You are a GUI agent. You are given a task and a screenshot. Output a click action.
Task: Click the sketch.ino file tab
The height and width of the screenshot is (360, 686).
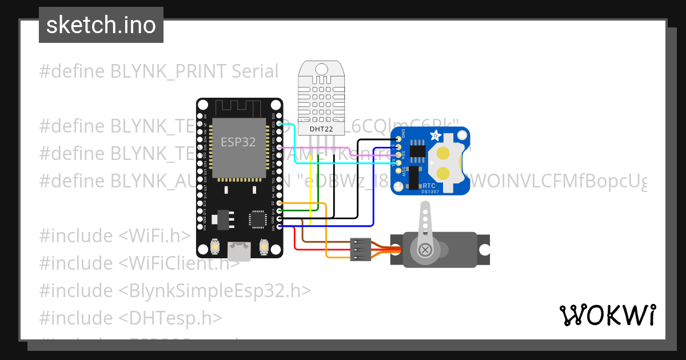click(101, 25)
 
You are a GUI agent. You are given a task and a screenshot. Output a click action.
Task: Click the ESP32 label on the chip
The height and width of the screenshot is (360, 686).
click(238, 142)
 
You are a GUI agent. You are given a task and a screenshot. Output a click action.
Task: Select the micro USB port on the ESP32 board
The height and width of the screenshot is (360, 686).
click(239, 249)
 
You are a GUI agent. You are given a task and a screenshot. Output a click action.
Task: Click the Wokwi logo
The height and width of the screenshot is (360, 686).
click(607, 315)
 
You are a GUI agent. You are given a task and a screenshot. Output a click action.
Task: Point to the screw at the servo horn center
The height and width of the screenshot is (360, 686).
click(425, 249)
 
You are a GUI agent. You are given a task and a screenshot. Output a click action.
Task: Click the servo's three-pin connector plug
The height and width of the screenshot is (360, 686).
click(360, 249)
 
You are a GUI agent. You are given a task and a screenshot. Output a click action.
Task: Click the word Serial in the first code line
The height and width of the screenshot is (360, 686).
click(255, 71)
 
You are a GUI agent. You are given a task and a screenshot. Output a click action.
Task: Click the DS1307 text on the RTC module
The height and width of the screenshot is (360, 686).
click(429, 192)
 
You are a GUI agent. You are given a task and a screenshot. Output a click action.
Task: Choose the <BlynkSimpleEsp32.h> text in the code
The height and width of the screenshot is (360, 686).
click(215, 290)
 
